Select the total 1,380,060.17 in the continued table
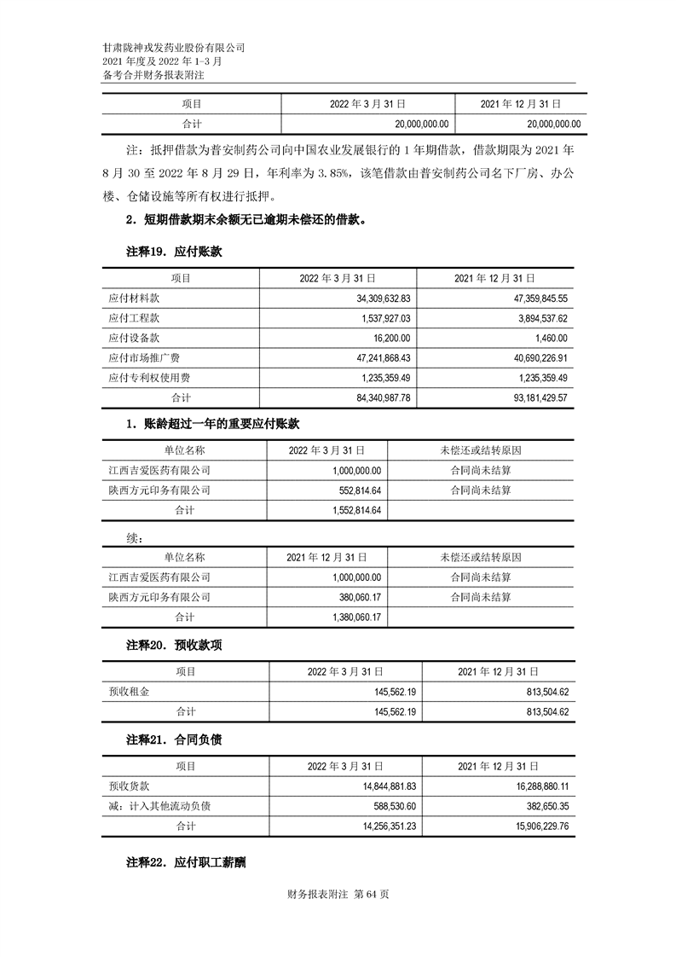point(351,617)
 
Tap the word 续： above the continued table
point(135,538)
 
